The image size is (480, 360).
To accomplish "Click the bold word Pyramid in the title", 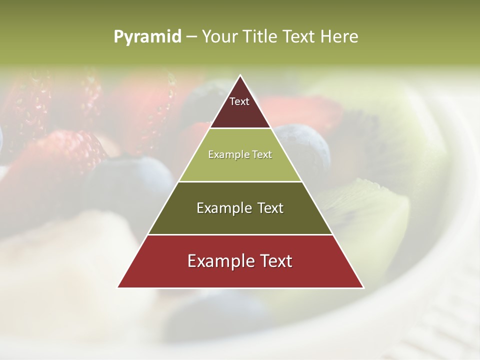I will [x=147, y=37].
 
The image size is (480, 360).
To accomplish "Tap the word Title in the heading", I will [x=263, y=37].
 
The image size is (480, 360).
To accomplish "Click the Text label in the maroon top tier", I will [x=239, y=101].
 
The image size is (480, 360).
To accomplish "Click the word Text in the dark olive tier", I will [x=269, y=208].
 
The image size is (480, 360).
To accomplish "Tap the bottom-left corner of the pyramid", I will [x=118, y=287].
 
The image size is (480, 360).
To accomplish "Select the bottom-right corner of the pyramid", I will [x=363, y=287].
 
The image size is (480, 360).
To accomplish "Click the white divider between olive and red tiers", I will [x=240, y=234].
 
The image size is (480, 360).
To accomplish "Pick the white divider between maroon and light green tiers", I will [x=240, y=128].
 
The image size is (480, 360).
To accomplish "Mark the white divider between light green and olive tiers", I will [x=240, y=181].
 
